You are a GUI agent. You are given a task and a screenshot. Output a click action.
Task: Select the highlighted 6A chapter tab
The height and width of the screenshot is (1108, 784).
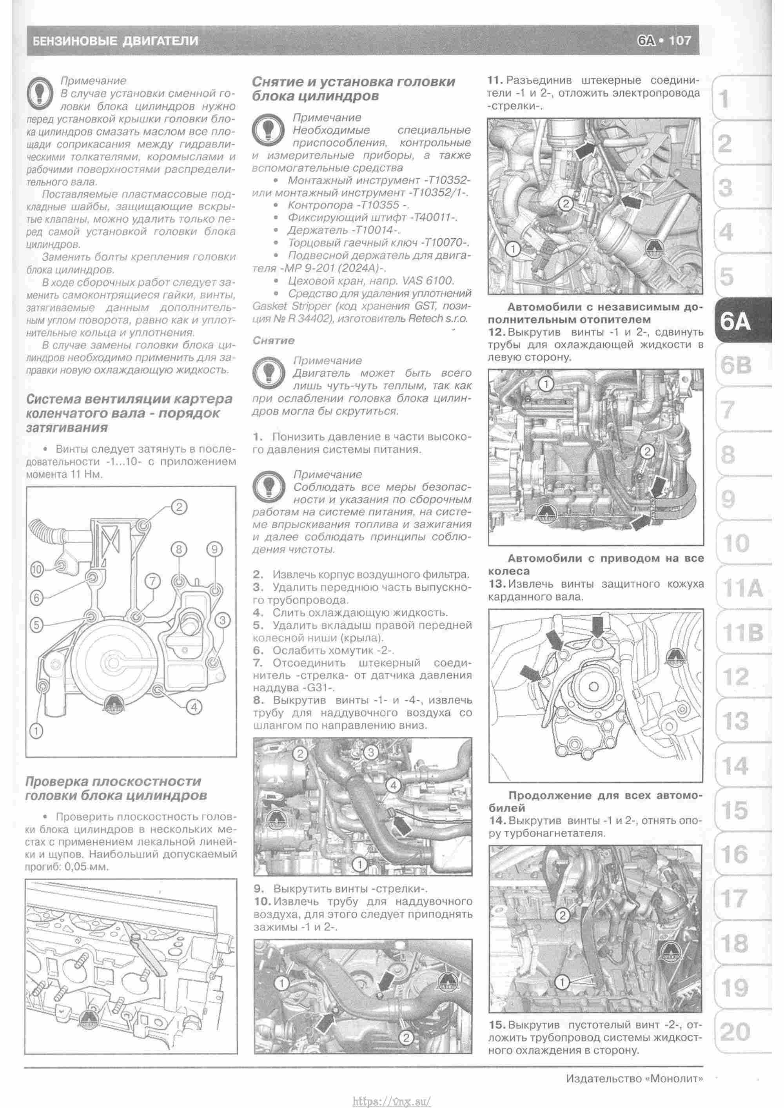[x=737, y=321]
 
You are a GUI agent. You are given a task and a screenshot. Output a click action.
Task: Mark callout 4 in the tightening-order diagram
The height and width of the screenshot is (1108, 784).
[x=194, y=707]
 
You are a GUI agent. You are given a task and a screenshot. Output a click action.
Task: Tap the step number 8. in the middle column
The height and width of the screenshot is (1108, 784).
[x=258, y=700]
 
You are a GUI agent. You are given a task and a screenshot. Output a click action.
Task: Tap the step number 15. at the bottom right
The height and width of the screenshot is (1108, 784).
[x=497, y=1024]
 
